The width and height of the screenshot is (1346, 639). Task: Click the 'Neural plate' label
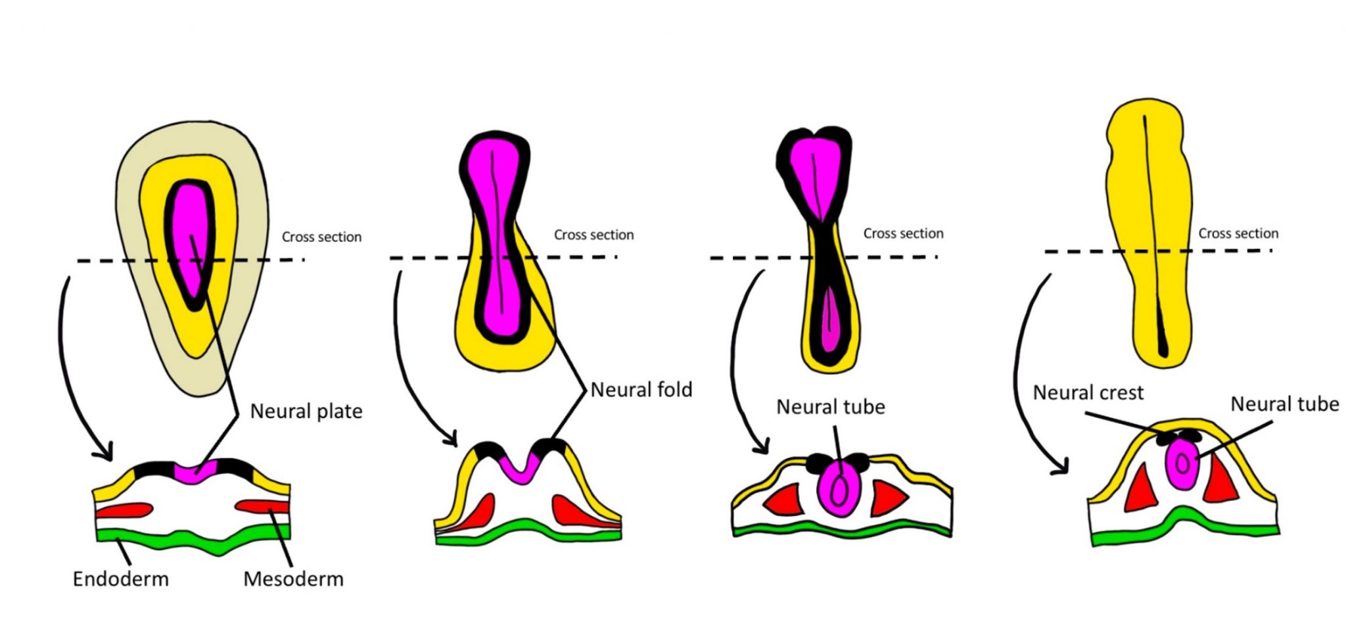click(x=306, y=412)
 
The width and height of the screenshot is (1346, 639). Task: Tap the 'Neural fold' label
click(x=641, y=390)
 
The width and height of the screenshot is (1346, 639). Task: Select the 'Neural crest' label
click(x=1088, y=392)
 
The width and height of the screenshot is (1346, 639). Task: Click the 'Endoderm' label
click(x=120, y=579)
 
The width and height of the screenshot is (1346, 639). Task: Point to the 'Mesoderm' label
click(x=293, y=579)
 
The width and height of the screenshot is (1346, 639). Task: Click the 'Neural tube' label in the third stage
click(x=830, y=407)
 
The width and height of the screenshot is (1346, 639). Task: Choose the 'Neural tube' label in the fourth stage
click(x=1284, y=404)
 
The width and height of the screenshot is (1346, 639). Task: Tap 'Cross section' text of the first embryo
click(x=321, y=237)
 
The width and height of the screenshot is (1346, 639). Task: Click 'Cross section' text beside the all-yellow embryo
click(x=1238, y=233)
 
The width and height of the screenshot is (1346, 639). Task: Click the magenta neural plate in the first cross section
click(x=195, y=473)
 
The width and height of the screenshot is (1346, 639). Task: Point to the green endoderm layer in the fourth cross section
click(x=1183, y=526)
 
